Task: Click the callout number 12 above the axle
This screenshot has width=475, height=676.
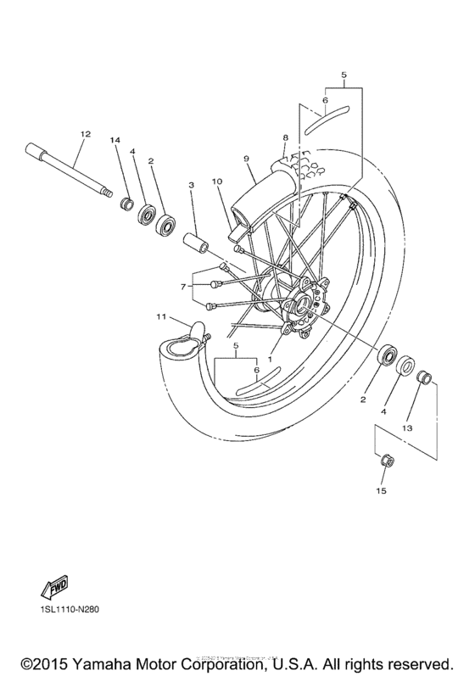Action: pos(84,134)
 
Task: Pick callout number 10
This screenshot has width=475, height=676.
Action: pos(216,182)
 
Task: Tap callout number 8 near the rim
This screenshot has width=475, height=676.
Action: pos(286,137)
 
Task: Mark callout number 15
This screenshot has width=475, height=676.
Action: pos(382,490)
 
